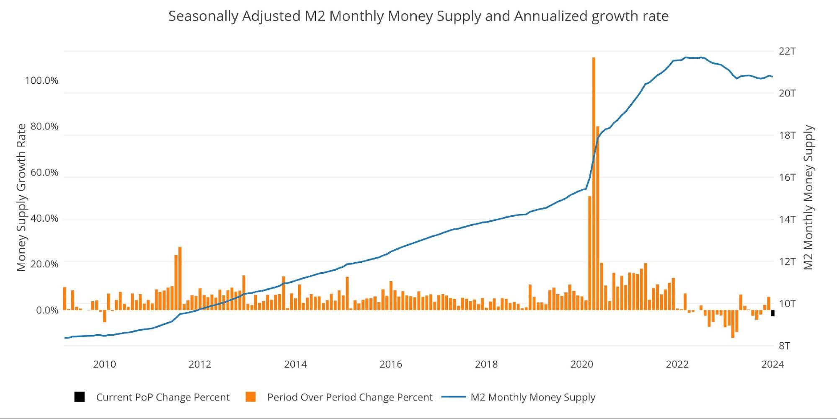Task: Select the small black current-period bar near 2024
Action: (773, 313)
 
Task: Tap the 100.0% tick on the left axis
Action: (41, 80)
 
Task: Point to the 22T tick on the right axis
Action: (787, 51)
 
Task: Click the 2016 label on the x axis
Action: (390, 364)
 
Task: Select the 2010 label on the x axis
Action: (104, 364)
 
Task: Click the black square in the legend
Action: (79, 397)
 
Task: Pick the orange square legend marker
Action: (251, 397)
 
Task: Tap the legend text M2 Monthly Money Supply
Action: (532, 397)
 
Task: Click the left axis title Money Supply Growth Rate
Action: (21, 197)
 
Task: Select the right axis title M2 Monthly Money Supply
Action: (808, 197)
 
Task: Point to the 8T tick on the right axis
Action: (784, 346)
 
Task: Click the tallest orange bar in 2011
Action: (180, 278)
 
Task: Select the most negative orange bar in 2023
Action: (733, 323)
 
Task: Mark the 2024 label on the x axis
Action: (772, 364)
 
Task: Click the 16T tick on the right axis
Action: (787, 177)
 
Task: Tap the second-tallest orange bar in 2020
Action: (598, 218)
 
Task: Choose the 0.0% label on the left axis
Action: (47, 310)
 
